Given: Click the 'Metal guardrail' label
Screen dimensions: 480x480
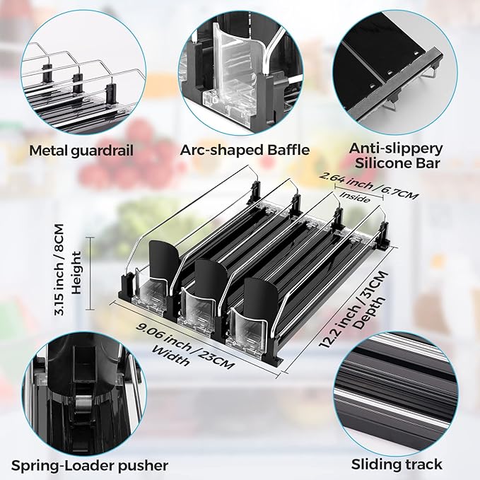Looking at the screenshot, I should [x=81, y=151].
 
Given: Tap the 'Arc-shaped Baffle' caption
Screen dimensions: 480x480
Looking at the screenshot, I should [x=245, y=151].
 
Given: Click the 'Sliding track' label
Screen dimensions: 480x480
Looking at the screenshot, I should [x=397, y=464].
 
